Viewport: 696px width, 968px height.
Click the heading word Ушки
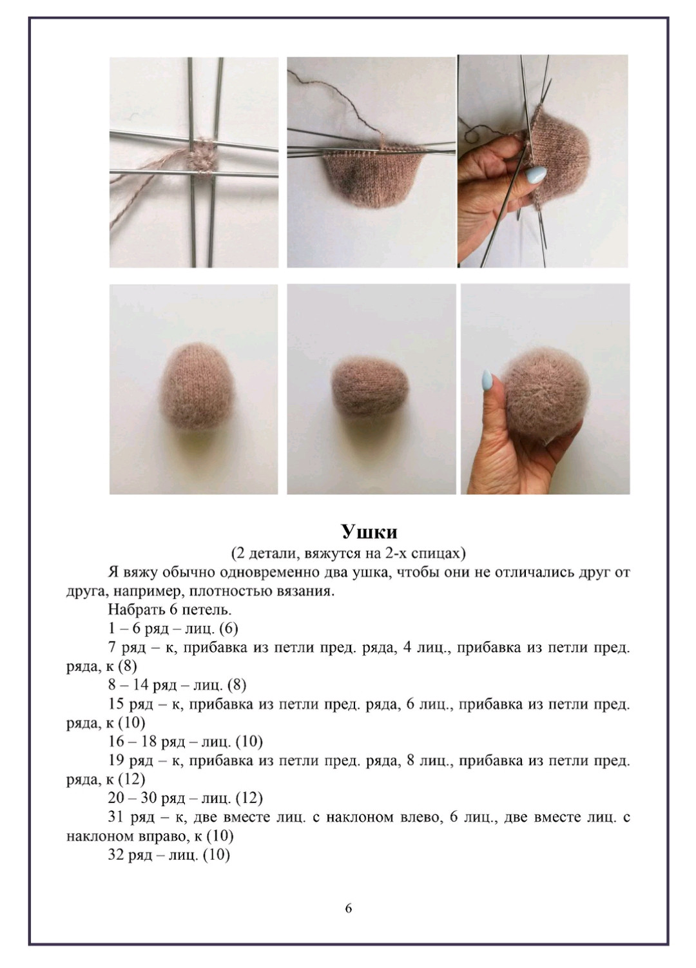point(369,532)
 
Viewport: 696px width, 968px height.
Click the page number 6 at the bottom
point(349,909)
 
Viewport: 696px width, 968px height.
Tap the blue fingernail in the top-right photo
point(536,174)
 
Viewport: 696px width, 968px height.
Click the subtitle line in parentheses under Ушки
point(348,553)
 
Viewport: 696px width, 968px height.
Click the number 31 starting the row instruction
point(117,817)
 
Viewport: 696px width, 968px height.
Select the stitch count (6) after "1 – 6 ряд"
point(229,629)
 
